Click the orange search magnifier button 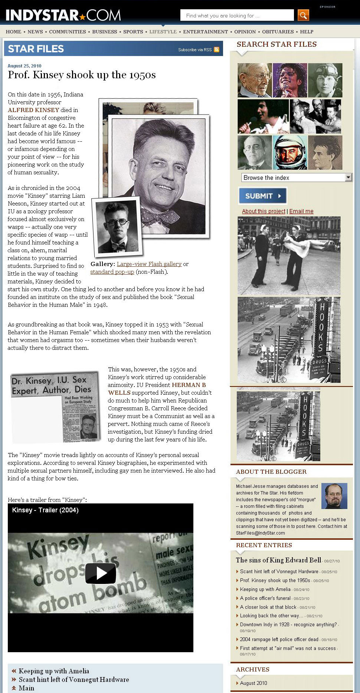(x=303, y=15)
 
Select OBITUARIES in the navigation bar (x=278, y=32)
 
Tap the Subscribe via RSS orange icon (x=216, y=49)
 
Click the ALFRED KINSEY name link (x=33, y=110)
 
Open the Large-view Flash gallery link (x=149, y=264)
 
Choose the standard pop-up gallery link (x=112, y=272)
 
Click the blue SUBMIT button (x=262, y=196)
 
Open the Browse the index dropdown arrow (x=348, y=177)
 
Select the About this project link (x=264, y=211)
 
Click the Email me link (x=301, y=211)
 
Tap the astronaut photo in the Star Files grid (x=290, y=152)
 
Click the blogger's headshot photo (x=334, y=496)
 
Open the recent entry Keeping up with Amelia (x=265, y=589)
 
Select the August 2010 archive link (x=253, y=683)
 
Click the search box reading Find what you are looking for (x=237, y=16)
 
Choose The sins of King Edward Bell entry (x=278, y=560)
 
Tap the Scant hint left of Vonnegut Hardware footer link (x=74, y=680)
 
